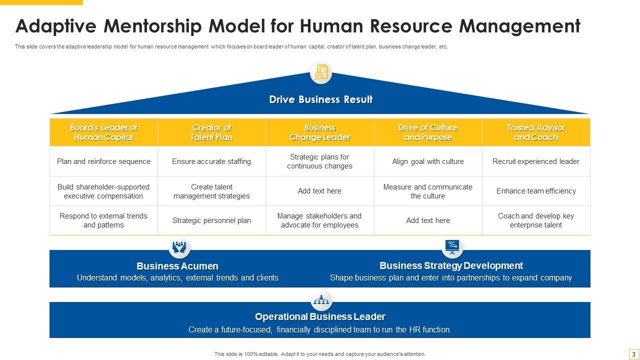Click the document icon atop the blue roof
(320, 73)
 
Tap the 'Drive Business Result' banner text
(320, 99)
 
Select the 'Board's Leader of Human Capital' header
(103, 132)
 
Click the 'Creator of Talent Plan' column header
(211, 132)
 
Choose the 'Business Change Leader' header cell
(320, 132)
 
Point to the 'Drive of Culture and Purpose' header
(428, 132)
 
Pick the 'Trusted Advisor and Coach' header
(536, 132)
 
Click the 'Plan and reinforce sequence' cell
(103, 161)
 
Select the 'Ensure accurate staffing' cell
(211, 161)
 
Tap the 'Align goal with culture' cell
(428, 161)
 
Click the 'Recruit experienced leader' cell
(536, 161)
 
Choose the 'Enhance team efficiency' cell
(536, 191)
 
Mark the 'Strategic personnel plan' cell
(211, 220)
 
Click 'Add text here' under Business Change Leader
(320, 191)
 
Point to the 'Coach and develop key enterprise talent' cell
(536, 220)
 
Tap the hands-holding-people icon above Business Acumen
(179, 247)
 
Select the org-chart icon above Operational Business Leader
(320, 300)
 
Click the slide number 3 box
(633, 354)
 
